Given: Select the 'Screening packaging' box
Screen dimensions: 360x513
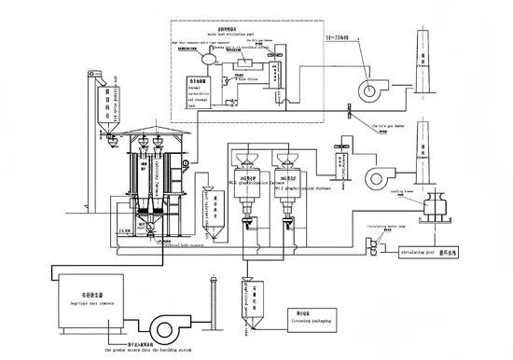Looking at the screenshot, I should (x=304, y=320).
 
